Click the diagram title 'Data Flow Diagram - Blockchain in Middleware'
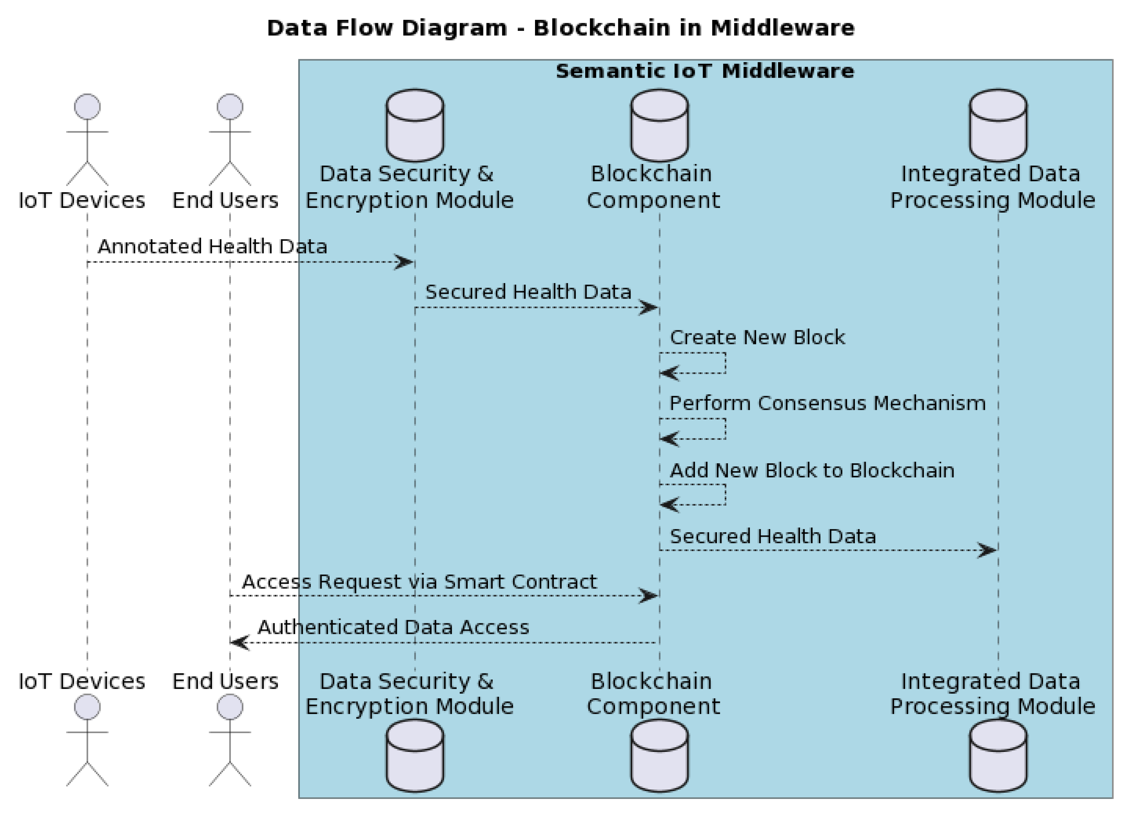coord(560,28)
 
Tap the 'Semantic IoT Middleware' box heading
coord(705,71)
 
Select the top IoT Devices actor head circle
coord(87,107)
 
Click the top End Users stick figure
coord(230,140)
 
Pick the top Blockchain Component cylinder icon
coord(659,126)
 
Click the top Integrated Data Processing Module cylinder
coord(998,126)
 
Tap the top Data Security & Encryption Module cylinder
coord(415,126)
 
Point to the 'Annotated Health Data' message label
coord(212,247)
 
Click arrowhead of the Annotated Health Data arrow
coord(405,262)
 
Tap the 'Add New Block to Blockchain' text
coord(812,471)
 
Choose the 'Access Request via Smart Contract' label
coord(420,582)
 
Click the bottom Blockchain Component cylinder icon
coord(659,756)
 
